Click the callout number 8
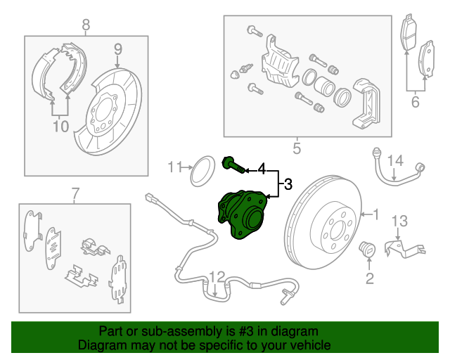tap(86, 26)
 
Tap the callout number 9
tap(118, 49)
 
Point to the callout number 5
tap(296, 148)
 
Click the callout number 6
tap(415, 103)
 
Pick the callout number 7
tap(75, 193)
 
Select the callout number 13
tap(399, 221)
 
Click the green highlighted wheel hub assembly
tap(243, 215)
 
